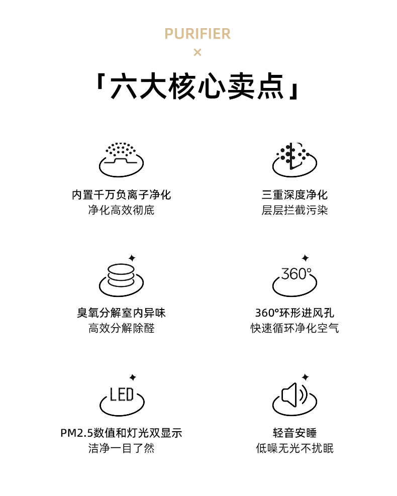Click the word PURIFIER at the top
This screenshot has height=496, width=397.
(x=197, y=34)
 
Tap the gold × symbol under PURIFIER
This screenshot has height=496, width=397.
(x=197, y=52)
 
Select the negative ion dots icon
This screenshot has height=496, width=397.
(x=121, y=159)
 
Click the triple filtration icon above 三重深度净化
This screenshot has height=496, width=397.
(x=294, y=159)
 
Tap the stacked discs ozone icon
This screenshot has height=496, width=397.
(x=121, y=275)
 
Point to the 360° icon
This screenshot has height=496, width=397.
(x=294, y=275)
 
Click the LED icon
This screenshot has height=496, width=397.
(x=122, y=395)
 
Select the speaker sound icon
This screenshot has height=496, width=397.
(x=294, y=395)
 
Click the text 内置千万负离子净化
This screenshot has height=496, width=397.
(x=121, y=195)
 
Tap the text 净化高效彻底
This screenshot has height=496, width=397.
(x=121, y=210)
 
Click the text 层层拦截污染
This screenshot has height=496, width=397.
(x=294, y=210)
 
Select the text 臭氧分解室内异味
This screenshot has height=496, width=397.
(x=121, y=313)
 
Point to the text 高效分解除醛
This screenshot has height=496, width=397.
(x=121, y=328)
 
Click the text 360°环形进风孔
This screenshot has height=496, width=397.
(x=294, y=313)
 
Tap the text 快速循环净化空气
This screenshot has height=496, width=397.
(x=294, y=328)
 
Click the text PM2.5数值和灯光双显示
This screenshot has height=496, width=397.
(x=121, y=433)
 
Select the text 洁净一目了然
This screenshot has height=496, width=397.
(x=121, y=448)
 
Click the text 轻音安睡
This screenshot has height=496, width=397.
(x=294, y=433)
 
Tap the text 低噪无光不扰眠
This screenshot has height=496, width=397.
(x=294, y=448)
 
